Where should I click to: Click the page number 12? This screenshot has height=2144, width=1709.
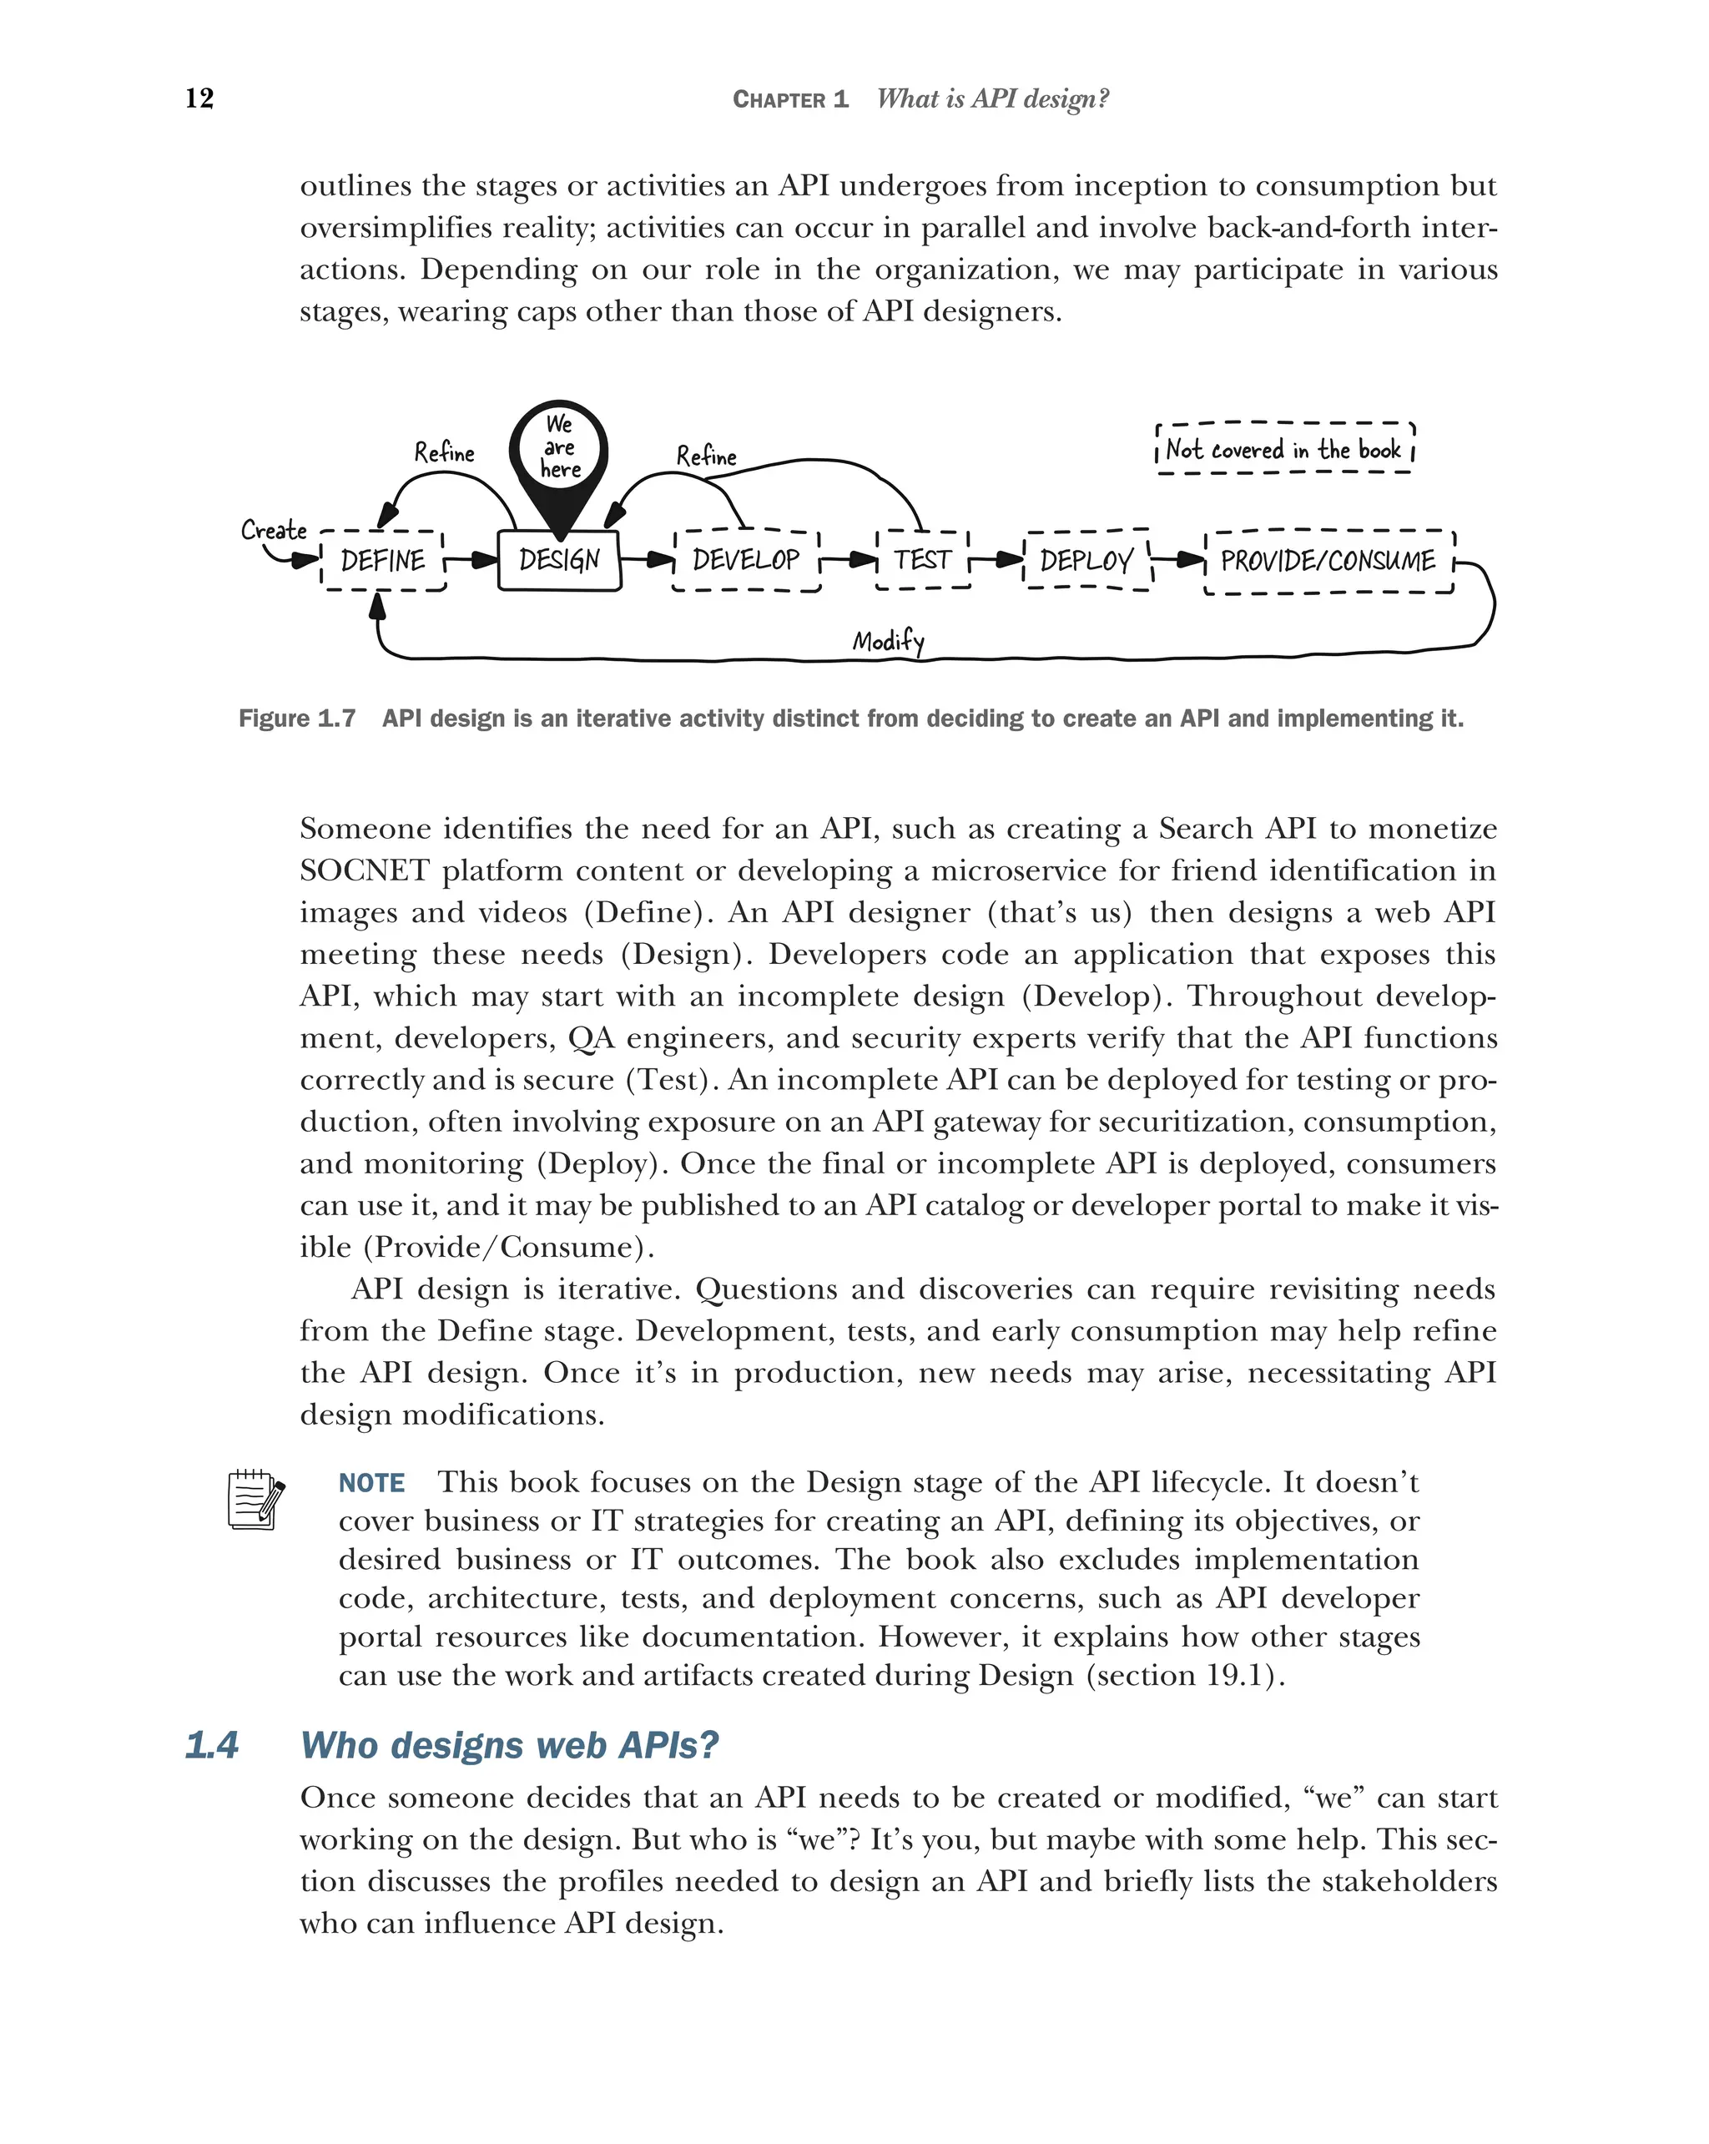point(199,98)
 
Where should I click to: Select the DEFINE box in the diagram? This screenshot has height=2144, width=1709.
point(383,561)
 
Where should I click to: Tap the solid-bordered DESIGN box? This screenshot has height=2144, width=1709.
point(559,561)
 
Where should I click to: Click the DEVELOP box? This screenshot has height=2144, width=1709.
point(746,561)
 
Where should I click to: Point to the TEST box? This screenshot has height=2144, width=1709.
point(923,560)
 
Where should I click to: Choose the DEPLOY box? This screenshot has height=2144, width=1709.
point(1086,561)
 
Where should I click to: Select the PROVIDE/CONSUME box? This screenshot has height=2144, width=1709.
point(1328,562)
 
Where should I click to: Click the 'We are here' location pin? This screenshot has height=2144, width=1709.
point(559,452)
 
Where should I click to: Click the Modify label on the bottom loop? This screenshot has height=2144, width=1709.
point(888,642)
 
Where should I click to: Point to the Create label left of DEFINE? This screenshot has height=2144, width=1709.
point(274,530)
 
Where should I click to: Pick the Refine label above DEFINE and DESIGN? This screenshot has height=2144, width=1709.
point(445,453)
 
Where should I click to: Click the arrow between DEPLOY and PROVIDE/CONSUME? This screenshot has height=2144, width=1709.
point(1179,560)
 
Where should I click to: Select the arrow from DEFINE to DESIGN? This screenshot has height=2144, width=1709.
point(473,561)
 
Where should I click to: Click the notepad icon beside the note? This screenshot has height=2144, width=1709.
point(255,1500)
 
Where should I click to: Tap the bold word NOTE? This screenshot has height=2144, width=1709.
point(371,1483)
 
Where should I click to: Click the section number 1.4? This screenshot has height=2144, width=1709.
point(212,1745)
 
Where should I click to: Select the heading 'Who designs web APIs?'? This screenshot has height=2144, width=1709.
point(509,1745)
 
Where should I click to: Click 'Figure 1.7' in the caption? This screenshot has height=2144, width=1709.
point(296,718)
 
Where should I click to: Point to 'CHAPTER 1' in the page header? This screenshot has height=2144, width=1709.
point(790,99)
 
